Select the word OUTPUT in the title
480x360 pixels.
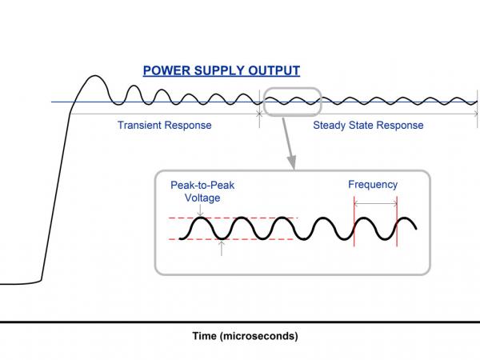point(274,70)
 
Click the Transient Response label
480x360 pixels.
point(164,126)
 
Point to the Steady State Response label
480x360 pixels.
point(368,126)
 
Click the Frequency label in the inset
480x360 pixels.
point(373,185)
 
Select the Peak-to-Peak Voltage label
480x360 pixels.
point(202,191)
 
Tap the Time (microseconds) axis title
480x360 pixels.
point(246,336)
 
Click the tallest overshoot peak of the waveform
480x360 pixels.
point(95,76)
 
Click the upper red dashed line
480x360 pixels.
point(233,218)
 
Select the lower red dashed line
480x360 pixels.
point(232,239)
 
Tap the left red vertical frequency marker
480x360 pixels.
point(354,222)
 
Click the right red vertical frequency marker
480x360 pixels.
point(397,222)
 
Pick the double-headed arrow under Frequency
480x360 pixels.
point(376,202)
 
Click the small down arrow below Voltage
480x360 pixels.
point(200,211)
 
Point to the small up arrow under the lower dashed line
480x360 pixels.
point(222,248)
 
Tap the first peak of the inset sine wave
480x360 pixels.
point(200,218)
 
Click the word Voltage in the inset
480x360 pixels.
point(202,198)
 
